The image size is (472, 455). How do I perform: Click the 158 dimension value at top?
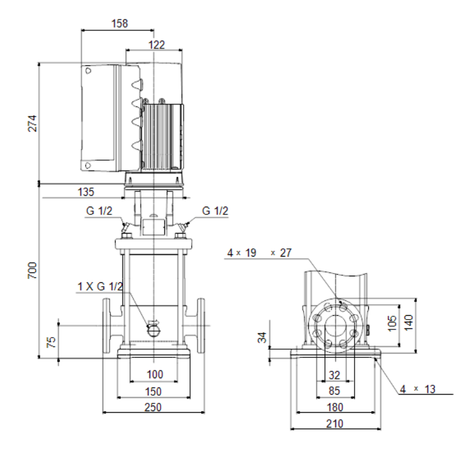click(120, 24)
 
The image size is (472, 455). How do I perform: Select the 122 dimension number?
click(157, 45)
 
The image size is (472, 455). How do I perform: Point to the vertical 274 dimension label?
click(32, 123)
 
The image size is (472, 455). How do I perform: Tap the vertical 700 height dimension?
click(32, 270)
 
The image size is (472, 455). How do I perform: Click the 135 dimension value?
click(86, 192)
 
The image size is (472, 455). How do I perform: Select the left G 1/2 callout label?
click(99, 211)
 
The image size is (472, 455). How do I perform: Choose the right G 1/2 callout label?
click(215, 211)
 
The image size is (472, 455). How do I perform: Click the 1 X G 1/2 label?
click(100, 286)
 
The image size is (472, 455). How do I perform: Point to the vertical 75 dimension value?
click(51, 342)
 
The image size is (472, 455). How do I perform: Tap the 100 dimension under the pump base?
click(155, 374)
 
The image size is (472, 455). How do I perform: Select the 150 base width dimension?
click(153, 391)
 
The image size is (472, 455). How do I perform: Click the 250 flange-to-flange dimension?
click(153, 407)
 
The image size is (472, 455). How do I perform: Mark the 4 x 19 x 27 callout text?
click(259, 253)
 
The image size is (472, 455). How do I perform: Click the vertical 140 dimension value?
click(408, 322)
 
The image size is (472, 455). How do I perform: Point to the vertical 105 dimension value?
click(392, 323)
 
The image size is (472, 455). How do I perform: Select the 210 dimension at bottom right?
click(334, 424)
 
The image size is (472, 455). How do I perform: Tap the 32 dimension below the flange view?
click(334, 375)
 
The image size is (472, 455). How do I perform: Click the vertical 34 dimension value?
click(263, 337)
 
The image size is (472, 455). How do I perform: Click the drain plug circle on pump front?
click(154, 331)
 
